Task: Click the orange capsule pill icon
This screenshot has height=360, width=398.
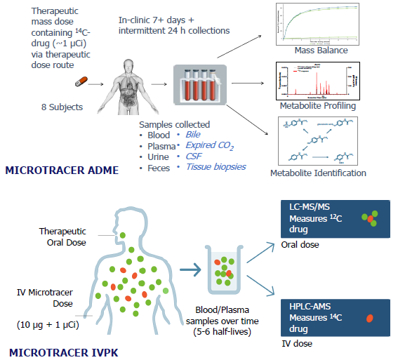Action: tap(83, 83)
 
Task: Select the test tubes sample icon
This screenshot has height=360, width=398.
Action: tap(200, 84)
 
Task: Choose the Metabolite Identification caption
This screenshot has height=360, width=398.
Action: tap(319, 173)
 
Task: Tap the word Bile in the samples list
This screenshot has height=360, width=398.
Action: tap(193, 134)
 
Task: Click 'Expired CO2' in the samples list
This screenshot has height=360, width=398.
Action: tap(209, 145)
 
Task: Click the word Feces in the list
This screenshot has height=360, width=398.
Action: tap(159, 167)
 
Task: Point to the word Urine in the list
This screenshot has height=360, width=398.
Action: tap(159, 156)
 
